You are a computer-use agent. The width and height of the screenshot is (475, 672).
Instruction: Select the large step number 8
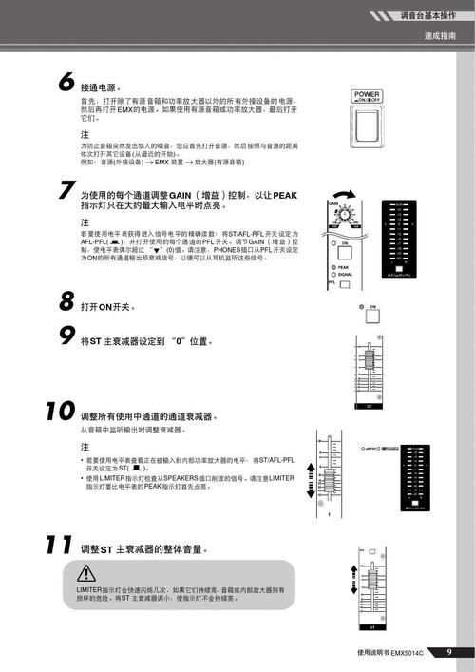pos(66,302)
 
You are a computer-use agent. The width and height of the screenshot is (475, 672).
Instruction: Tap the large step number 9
pos(66,336)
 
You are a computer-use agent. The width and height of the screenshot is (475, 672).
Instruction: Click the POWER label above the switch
pos(367,95)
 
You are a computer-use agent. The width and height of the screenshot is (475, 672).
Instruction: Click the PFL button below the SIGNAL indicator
pos(333,284)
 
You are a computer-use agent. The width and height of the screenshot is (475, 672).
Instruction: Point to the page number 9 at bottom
pos(449,652)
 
